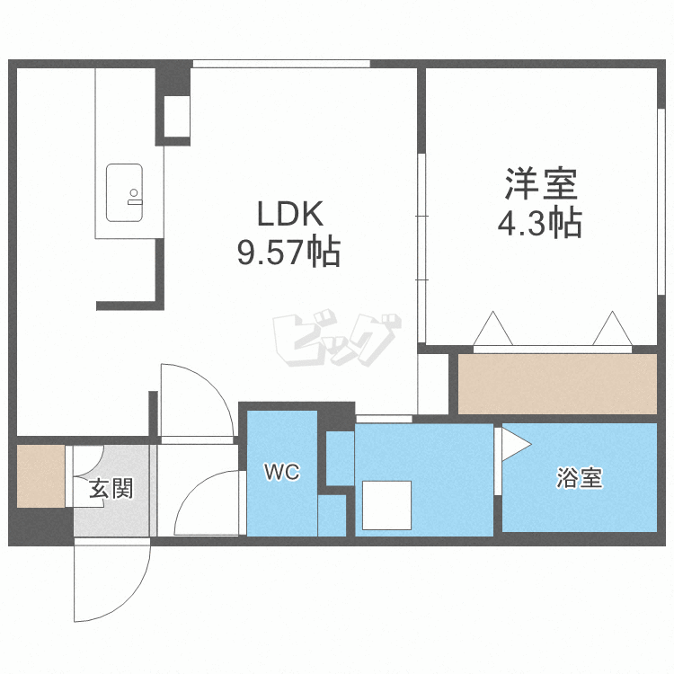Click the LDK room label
pos(289,214)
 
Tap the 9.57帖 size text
pos(288,251)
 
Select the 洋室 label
pos(541,184)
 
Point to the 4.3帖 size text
pos(540,223)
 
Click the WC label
pos(282,473)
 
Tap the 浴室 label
pos(580,478)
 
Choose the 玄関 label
pos(111,489)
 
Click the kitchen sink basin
pos(124,192)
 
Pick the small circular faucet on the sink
pos(134,192)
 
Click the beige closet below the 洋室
pos(557,384)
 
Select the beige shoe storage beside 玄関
pos(40,475)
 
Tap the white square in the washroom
pos(386,505)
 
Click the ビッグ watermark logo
pos(337,338)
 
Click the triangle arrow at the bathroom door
pos(516,444)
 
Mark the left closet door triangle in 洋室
pos(493,328)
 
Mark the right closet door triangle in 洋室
pos(613,328)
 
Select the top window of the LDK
pos(281,64)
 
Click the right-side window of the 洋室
pos(661,202)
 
